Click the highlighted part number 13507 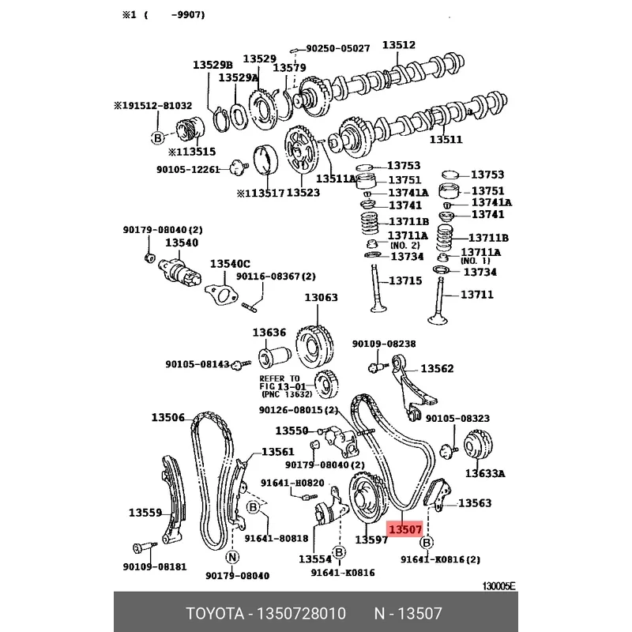pyautogui.click(x=405, y=529)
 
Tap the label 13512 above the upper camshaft pyautogui.click(x=399, y=45)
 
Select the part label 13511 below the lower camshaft pyautogui.click(x=446, y=140)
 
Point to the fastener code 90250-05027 pyautogui.click(x=338, y=48)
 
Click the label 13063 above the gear pyautogui.click(x=321, y=298)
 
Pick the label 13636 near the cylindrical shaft pyautogui.click(x=269, y=333)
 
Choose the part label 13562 pyautogui.click(x=437, y=368)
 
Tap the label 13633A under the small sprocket pyautogui.click(x=485, y=473)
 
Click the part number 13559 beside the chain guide pyautogui.click(x=145, y=513)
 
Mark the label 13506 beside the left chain pyautogui.click(x=167, y=417)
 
